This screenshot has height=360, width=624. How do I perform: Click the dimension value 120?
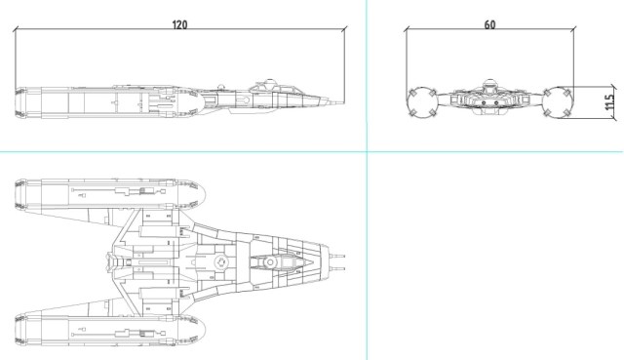point(179,24)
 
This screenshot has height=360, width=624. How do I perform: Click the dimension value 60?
point(489,24)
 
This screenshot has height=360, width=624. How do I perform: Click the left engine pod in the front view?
point(422,102)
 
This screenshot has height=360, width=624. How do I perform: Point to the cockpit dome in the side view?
point(270,83)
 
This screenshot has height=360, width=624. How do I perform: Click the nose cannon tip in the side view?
point(343,102)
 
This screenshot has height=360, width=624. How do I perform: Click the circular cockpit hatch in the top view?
point(271,262)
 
